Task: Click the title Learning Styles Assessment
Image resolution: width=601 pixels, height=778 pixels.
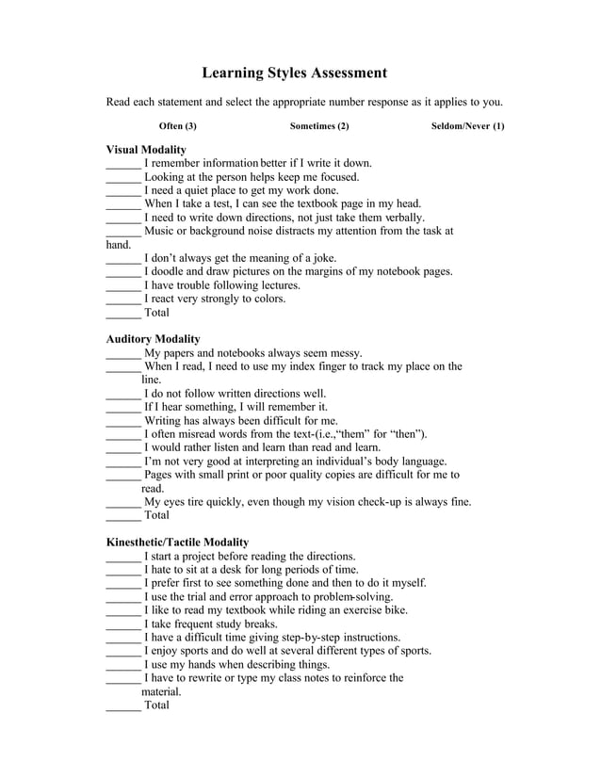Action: pyautogui.click(x=295, y=73)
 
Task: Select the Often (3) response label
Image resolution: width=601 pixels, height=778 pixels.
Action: pyautogui.click(x=178, y=125)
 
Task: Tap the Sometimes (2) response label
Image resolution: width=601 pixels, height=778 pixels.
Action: pyautogui.click(x=319, y=125)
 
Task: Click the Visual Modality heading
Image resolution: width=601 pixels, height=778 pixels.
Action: pyautogui.click(x=145, y=150)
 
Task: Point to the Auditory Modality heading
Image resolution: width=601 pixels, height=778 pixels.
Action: pyautogui.click(x=153, y=339)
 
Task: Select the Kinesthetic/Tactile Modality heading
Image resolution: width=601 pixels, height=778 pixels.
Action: pyautogui.click(x=177, y=543)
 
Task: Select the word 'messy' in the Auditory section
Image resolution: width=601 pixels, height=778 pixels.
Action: pyautogui.click(x=343, y=353)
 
